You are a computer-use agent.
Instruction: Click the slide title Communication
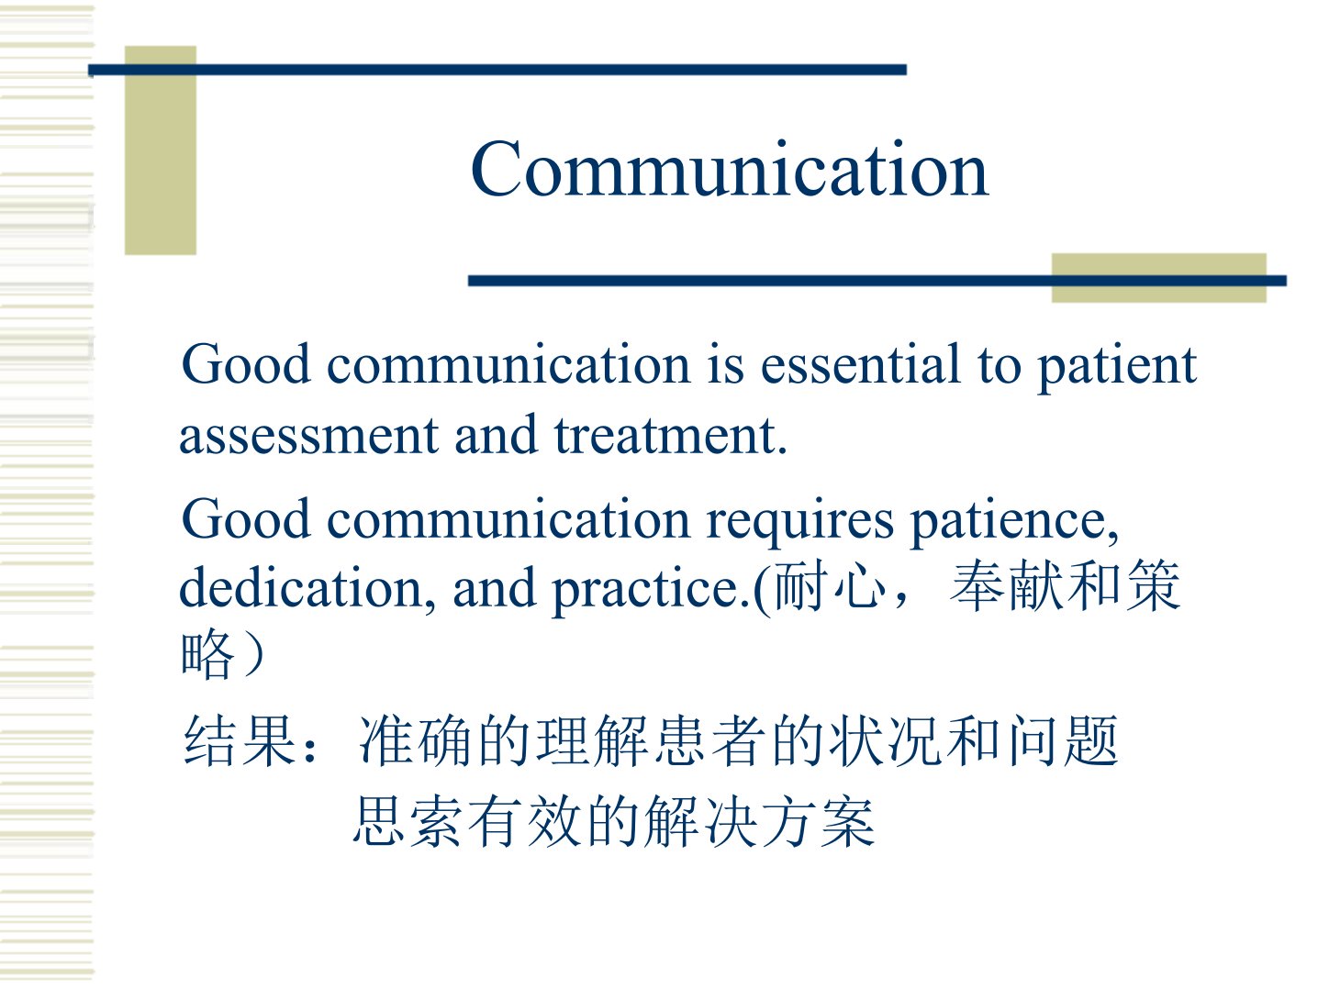(x=729, y=169)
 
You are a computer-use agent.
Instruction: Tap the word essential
(x=860, y=364)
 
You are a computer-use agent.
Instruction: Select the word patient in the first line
(x=1117, y=368)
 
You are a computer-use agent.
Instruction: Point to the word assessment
(x=309, y=436)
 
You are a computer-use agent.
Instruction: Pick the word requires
(x=799, y=523)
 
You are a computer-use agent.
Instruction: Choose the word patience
(x=1015, y=522)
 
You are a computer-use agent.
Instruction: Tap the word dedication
(x=307, y=588)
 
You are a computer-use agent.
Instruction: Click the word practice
(x=651, y=591)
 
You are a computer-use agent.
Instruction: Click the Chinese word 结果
(x=239, y=740)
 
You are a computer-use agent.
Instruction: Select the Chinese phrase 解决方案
(x=759, y=821)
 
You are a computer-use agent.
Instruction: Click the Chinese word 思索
(x=408, y=821)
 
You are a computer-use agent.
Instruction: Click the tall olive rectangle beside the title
(x=161, y=150)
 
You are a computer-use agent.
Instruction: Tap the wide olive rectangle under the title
(x=1159, y=278)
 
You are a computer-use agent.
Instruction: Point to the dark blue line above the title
(x=497, y=71)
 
